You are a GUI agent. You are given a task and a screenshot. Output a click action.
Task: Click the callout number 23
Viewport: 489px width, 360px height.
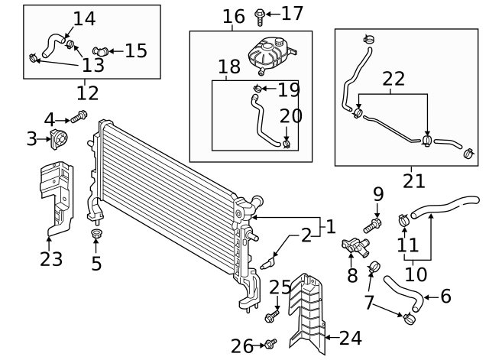(50, 259)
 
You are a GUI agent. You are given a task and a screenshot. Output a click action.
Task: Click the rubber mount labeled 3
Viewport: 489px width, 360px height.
(58, 140)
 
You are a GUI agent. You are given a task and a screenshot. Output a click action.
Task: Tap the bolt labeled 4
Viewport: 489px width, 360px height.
(79, 117)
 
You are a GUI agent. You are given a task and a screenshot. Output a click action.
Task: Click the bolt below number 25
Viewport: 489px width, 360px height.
(272, 316)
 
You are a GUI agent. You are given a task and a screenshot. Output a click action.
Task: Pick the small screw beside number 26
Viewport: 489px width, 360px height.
(269, 345)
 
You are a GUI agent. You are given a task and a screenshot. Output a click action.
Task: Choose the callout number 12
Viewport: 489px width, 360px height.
(88, 92)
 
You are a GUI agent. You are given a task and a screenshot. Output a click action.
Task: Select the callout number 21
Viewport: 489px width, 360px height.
(413, 180)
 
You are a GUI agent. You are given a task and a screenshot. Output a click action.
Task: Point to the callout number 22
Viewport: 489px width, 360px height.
(393, 78)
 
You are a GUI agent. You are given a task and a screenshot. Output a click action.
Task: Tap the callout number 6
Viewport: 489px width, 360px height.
(446, 297)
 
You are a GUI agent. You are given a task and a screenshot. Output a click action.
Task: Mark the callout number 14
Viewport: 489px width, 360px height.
(84, 18)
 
